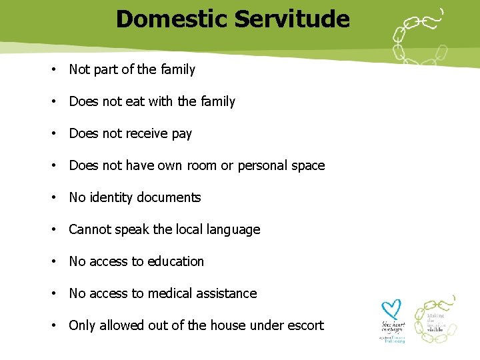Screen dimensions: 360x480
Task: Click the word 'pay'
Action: coord(181,133)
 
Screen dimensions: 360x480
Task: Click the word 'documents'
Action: coord(169,197)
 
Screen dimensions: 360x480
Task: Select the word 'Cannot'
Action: coord(90,229)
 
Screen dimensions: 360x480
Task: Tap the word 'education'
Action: coord(176,261)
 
